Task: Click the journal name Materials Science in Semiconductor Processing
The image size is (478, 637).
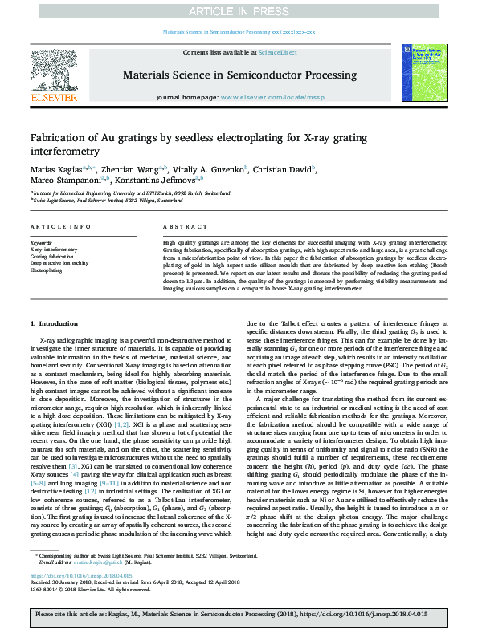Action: point(239,75)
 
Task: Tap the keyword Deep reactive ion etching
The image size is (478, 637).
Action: point(58,263)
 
